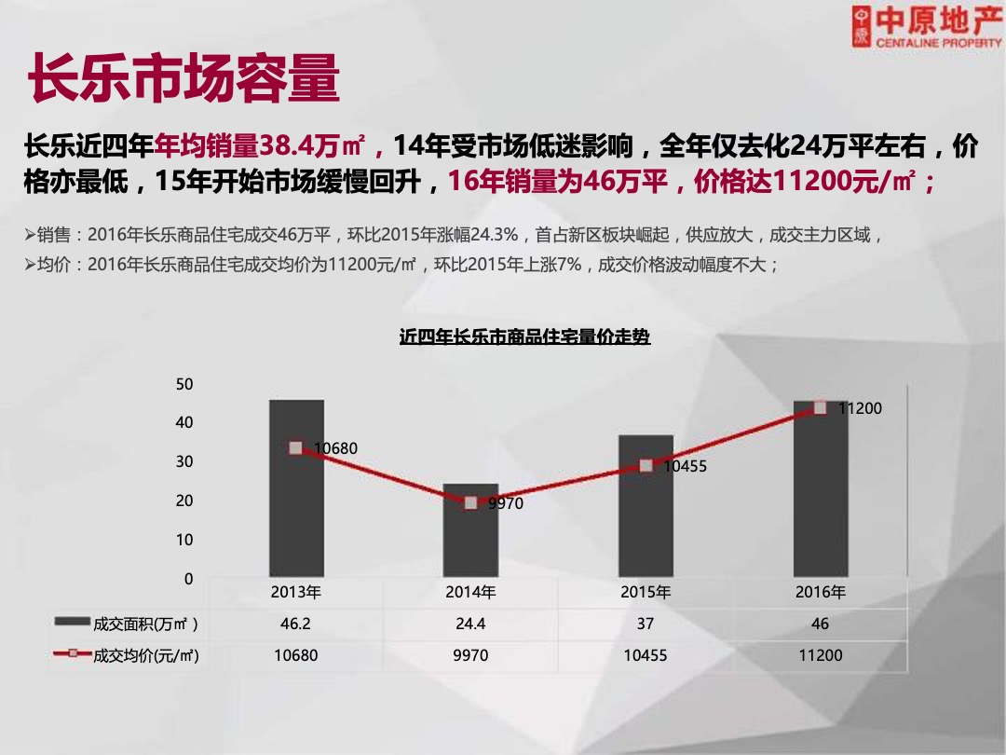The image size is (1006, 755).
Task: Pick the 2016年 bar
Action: pos(821,503)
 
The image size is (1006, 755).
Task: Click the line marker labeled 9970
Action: pos(470,502)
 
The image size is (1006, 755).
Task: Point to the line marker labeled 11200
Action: pos(820,407)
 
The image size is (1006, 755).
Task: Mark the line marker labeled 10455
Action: pos(646,465)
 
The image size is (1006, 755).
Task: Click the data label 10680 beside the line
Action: pos(336,448)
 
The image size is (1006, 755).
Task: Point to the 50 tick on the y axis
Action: pos(184,384)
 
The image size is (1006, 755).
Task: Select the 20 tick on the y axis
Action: pos(184,501)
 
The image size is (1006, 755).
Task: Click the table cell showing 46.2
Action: pos(295,624)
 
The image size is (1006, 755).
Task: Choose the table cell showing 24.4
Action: pos(470,624)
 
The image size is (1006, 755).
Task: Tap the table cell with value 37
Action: pos(646,624)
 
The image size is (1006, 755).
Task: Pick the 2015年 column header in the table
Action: pos(646,592)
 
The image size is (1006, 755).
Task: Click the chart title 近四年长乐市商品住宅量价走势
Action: pos(524,336)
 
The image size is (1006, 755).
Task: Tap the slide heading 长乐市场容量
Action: pos(184,80)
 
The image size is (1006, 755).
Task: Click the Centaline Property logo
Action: pos(926,27)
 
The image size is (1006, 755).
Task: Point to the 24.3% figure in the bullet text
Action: pos(491,235)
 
